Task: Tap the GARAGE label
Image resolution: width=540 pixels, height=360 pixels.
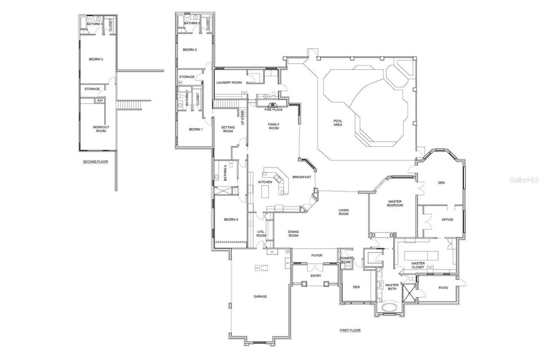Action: [x=260, y=297]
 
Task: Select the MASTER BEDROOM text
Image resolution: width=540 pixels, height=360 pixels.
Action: [x=395, y=203]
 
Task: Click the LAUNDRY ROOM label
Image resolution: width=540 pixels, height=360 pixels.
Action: [x=229, y=83]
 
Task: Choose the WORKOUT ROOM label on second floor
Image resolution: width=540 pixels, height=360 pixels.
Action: [x=100, y=129]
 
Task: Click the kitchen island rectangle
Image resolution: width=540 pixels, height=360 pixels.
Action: [x=266, y=192]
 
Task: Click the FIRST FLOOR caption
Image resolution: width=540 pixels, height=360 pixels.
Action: [x=350, y=330]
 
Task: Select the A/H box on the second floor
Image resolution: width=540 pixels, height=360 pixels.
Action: [x=100, y=101]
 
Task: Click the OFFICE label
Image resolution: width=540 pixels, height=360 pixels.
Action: [x=447, y=219]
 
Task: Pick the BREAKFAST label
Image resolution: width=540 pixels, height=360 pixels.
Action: [x=302, y=177]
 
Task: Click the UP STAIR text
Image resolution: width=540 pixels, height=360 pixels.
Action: [x=243, y=118]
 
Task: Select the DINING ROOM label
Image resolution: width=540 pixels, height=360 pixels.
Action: [x=293, y=233]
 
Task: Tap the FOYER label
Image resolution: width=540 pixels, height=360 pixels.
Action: [x=317, y=255]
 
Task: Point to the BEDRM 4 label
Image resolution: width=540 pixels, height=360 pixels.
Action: [x=231, y=219]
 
